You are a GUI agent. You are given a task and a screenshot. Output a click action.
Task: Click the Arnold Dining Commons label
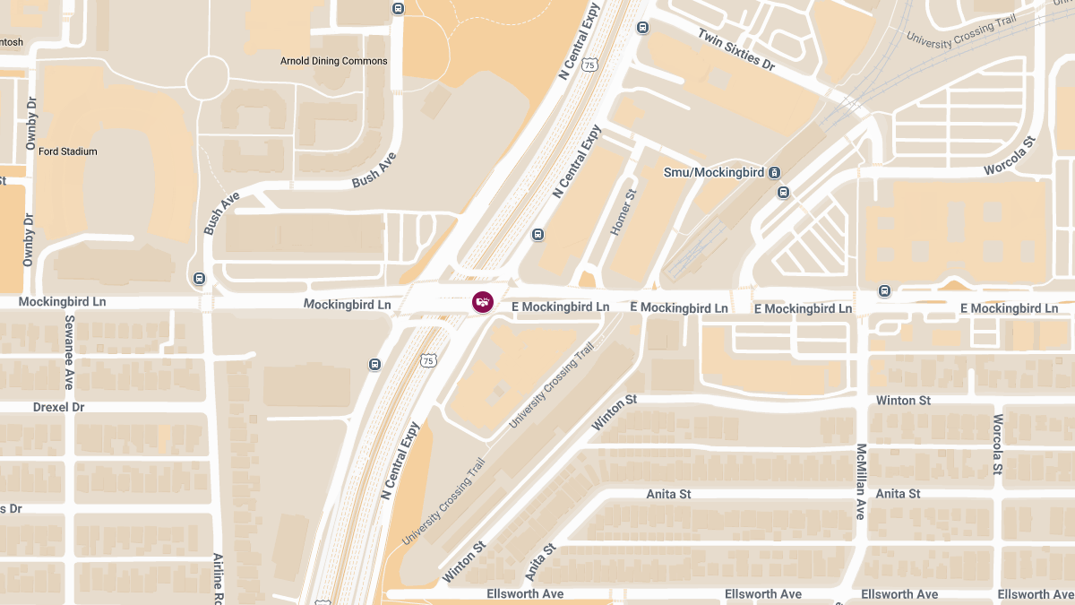tap(334, 61)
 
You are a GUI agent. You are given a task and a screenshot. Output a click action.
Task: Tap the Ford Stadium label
tap(67, 151)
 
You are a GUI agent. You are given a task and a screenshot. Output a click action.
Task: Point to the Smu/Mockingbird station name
tap(715, 171)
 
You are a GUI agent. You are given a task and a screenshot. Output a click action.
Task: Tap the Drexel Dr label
tap(58, 407)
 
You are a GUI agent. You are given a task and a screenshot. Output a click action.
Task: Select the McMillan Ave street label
tap(861, 481)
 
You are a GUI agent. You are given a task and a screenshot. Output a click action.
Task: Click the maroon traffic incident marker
tap(483, 302)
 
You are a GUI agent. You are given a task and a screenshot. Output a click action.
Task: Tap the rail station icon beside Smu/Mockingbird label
tap(775, 172)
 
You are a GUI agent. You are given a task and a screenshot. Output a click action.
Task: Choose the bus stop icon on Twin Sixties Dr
tap(642, 28)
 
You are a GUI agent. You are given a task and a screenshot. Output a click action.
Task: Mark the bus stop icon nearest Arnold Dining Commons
tap(398, 8)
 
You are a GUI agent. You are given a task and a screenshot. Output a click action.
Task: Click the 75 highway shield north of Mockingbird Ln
tap(589, 65)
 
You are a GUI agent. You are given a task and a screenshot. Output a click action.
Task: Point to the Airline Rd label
tap(218, 578)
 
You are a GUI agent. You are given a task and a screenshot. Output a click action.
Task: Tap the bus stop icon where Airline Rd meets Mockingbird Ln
tap(199, 278)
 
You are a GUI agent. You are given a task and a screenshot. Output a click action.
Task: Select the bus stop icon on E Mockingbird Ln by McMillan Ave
tap(884, 290)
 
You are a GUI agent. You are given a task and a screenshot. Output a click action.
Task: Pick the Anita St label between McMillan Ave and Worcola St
tap(898, 494)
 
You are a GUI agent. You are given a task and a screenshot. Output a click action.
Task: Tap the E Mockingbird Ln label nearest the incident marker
tap(560, 307)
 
